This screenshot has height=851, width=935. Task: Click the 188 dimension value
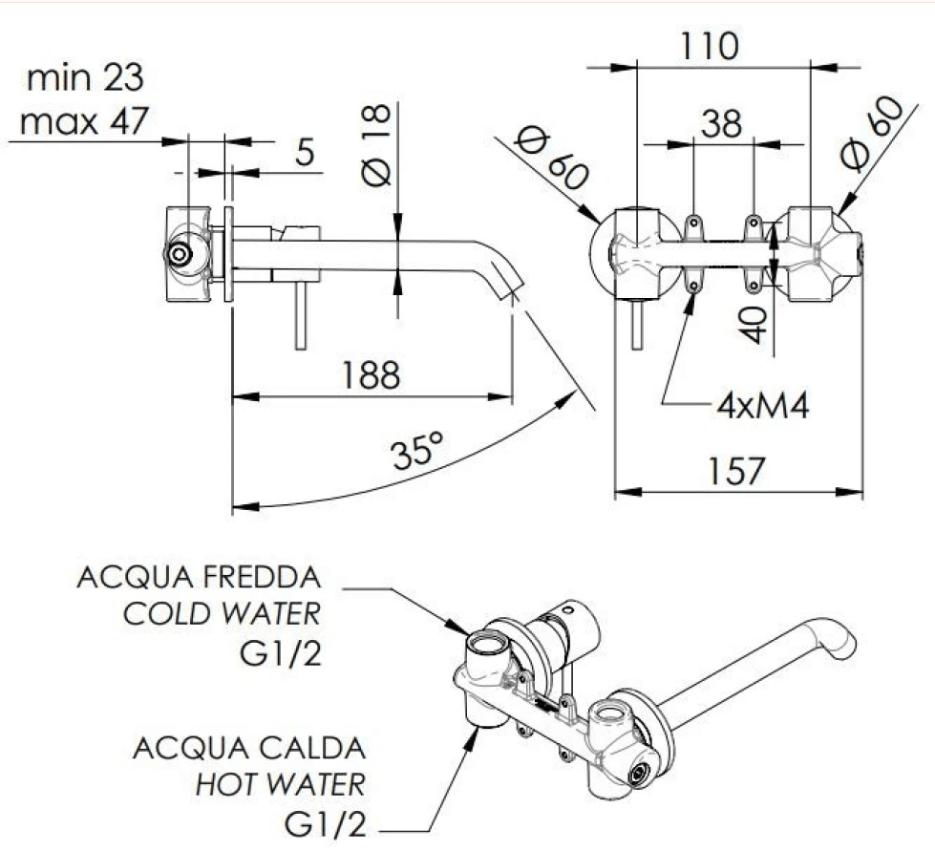click(371, 374)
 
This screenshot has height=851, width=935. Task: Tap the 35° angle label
click(418, 451)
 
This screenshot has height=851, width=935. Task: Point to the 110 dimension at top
click(710, 46)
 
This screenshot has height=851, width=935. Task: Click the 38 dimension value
click(721, 123)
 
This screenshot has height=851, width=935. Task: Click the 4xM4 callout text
click(763, 407)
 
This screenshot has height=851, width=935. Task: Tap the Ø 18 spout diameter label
click(375, 145)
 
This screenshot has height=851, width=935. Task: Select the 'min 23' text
click(85, 77)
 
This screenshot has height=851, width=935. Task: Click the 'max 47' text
click(83, 121)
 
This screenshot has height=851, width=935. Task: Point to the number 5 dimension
click(305, 153)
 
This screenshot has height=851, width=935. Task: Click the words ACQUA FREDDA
click(200, 577)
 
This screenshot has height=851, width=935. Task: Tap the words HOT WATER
click(280, 784)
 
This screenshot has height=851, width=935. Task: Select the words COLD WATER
click(222, 613)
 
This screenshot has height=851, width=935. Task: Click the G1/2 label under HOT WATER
click(325, 824)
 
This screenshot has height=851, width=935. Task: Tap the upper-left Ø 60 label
click(552, 158)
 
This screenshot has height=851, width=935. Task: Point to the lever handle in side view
click(301, 315)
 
